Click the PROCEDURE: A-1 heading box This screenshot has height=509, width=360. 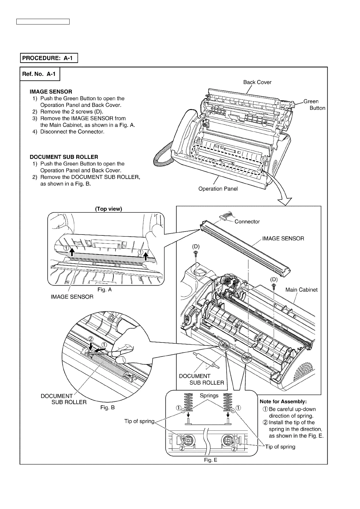pyautogui.click(x=49, y=58)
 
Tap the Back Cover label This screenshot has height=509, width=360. pyautogui.click(x=257, y=82)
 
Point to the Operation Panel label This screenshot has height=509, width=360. pyautogui.click(x=218, y=189)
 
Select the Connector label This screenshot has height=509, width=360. pyautogui.click(x=247, y=222)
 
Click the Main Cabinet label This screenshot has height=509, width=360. pyautogui.click(x=301, y=290)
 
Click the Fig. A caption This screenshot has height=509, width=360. pyautogui.click(x=104, y=290)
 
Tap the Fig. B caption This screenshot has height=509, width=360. pyautogui.click(x=107, y=407)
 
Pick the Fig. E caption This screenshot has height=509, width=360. pyautogui.click(x=211, y=460)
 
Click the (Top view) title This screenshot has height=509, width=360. pyautogui.click(x=109, y=209)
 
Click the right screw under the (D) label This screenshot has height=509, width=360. pyautogui.click(x=274, y=285)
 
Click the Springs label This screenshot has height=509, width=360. pyautogui.click(x=209, y=395)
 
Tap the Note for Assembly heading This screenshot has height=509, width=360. pyautogui.click(x=283, y=401)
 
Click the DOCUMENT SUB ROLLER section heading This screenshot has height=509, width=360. pyautogui.click(x=64, y=157)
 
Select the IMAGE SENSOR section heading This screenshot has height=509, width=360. pyautogui.click(x=51, y=92)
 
